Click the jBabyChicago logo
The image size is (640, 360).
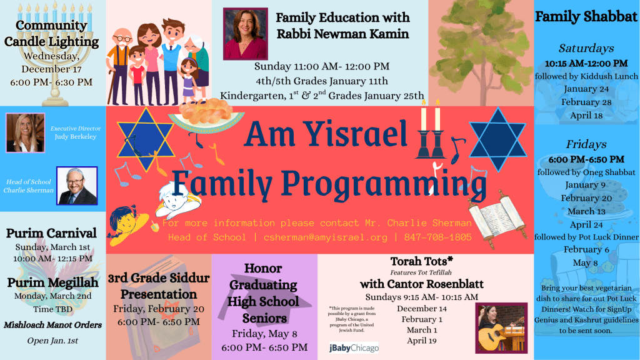(x=354, y=347)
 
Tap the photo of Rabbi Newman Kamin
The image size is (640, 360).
(x=246, y=34)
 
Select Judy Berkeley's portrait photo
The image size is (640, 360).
(x=25, y=133)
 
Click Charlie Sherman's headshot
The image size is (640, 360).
(x=77, y=186)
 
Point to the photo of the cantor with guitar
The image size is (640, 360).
(x=502, y=328)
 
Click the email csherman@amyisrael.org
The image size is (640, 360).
(x=325, y=237)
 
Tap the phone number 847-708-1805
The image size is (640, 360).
(x=438, y=237)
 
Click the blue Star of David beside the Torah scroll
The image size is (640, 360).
(x=497, y=139)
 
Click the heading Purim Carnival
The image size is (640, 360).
(x=51, y=233)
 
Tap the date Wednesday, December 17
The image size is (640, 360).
(x=51, y=62)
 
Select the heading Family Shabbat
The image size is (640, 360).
(x=586, y=16)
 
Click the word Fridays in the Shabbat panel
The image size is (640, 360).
(x=586, y=144)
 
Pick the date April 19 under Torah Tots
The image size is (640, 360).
(x=422, y=341)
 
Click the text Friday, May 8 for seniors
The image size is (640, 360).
(x=264, y=334)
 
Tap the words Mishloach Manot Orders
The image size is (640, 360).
(x=52, y=325)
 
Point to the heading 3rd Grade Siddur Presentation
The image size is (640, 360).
(x=159, y=286)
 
